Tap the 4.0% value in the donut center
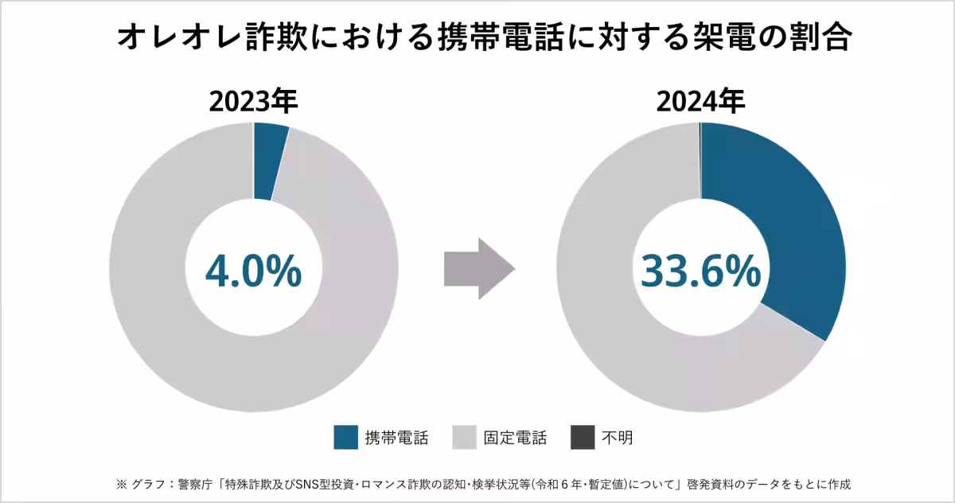(253, 271)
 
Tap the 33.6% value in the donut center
(700, 271)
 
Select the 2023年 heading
(253, 102)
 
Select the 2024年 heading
(700, 102)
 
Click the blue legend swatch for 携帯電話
(346, 437)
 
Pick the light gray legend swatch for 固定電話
(464, 437)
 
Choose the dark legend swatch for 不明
(583, 437)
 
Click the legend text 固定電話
(515, 437)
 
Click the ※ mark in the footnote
(122, 483)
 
